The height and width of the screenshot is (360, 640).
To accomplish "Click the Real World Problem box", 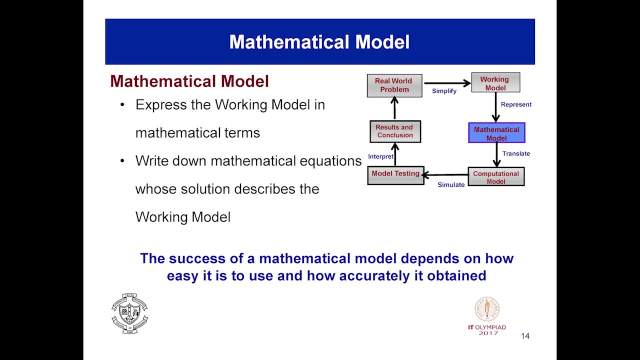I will pyautogui.click(x=394, y=85).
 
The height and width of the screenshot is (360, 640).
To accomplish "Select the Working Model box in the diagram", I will pyautogui.click(x=495, y=83).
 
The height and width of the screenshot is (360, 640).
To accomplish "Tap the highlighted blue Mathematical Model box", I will pyautogui.click(x=496, y=133).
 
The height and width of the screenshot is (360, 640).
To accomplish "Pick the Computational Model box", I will pyautogui.click(x=496, y=177).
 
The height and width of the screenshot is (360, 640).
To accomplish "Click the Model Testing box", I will pyautogui.click(x=395, y=175).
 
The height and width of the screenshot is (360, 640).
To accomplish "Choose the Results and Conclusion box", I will pyautogui.click(x=395, y=131).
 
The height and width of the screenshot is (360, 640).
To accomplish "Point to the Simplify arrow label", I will pyautogui.click(x=444, y=91).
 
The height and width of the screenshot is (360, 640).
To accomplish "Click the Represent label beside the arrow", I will pyautogui.click(x=516, y=104).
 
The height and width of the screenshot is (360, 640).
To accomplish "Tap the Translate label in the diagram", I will pyautogui.click(x=516, y=153).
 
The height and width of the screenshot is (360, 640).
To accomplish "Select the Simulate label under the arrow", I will pyautogui.click(x=451, y=185).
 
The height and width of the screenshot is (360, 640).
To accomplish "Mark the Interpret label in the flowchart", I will pyautogui.click(x=380, y=156).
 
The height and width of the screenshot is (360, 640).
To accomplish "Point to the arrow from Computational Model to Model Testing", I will pyautogui.click(x=445, y=175).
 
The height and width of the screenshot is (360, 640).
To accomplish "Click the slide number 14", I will pyautogui.click(x=525, y=336).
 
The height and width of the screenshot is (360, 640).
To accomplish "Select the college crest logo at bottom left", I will pyautogui.click(x=129, y=313).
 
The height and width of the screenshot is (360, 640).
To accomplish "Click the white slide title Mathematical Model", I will pyautogui.click(x=319, y=42).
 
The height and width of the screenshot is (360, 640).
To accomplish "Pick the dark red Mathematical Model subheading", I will pyautogui.click(x=189, y=81).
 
